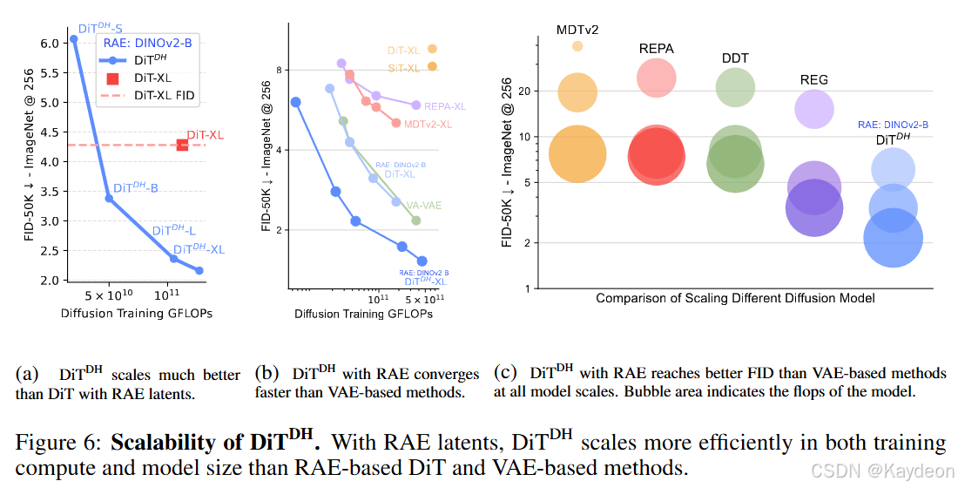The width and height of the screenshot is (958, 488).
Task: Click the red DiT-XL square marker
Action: click(x=183, y=145)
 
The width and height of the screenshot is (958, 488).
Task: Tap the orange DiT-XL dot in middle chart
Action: click(x=432, y=50)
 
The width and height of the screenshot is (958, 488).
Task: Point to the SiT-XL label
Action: click(x=403, y=68)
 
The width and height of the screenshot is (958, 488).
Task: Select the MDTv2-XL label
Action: click(x=428, y=125)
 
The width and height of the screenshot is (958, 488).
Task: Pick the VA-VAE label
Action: click(x=426, y=205)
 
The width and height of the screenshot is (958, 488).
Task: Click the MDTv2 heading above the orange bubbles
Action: click(x=577, y=30)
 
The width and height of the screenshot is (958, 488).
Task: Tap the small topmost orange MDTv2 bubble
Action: click(x=577, y=46)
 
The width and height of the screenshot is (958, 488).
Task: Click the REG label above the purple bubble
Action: click(x=813, y=80)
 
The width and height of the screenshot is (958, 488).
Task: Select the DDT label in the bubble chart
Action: click(x=735, y=58)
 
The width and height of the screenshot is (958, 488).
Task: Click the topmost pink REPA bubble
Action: click(x=657, y=78)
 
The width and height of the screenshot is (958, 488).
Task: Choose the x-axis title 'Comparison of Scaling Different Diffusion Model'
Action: click(x=735, y=298)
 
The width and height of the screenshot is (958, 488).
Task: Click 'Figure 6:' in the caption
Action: click(x=59, y=443)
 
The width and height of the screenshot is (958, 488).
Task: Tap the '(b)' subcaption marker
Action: click(x=266, y=373)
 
